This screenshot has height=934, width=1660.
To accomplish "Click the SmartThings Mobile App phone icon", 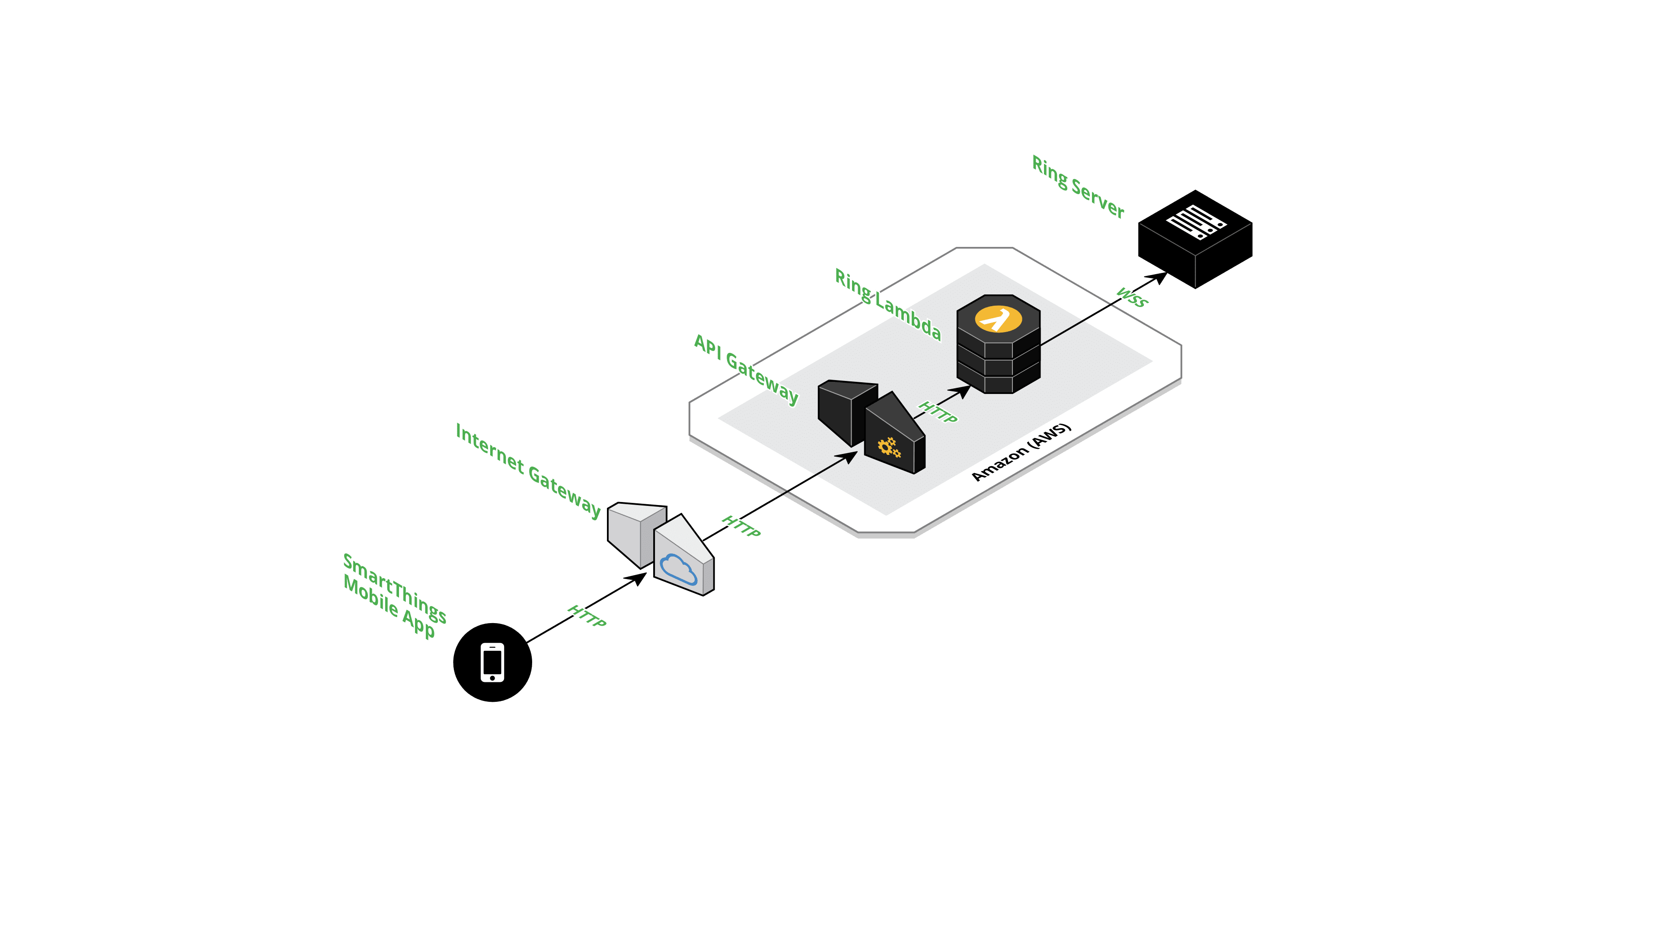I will point(492,662).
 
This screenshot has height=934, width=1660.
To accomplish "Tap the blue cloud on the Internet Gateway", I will point(678,569).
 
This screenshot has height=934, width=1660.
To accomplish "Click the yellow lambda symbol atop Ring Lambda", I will point(998,318).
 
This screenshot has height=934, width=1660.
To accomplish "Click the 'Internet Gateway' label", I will point(528,470).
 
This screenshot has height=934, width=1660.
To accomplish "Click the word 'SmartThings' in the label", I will point(394,588).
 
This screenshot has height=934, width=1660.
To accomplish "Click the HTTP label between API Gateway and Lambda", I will point(938,413).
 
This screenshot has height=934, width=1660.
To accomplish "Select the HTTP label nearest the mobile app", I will point(587,616).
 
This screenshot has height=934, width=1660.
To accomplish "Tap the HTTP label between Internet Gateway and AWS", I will point(741,525).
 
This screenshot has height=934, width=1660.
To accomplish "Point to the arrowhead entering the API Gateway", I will point(851,456).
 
